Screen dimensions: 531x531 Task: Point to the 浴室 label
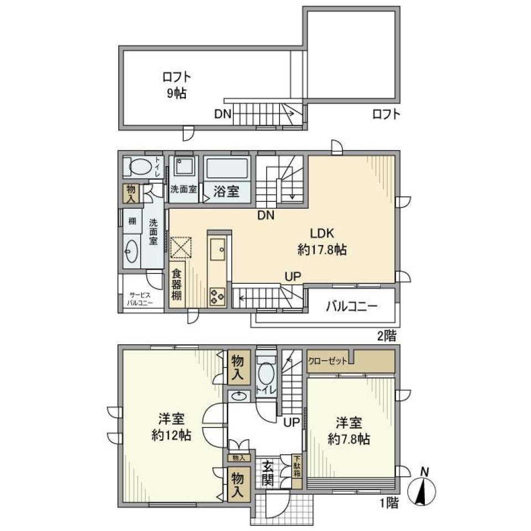227,191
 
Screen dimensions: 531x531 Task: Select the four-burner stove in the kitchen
216,295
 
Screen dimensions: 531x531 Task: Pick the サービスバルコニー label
142,299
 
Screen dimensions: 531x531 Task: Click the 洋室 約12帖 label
171,427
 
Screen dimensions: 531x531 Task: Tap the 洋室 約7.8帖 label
349,431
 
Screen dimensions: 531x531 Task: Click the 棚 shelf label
132,221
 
